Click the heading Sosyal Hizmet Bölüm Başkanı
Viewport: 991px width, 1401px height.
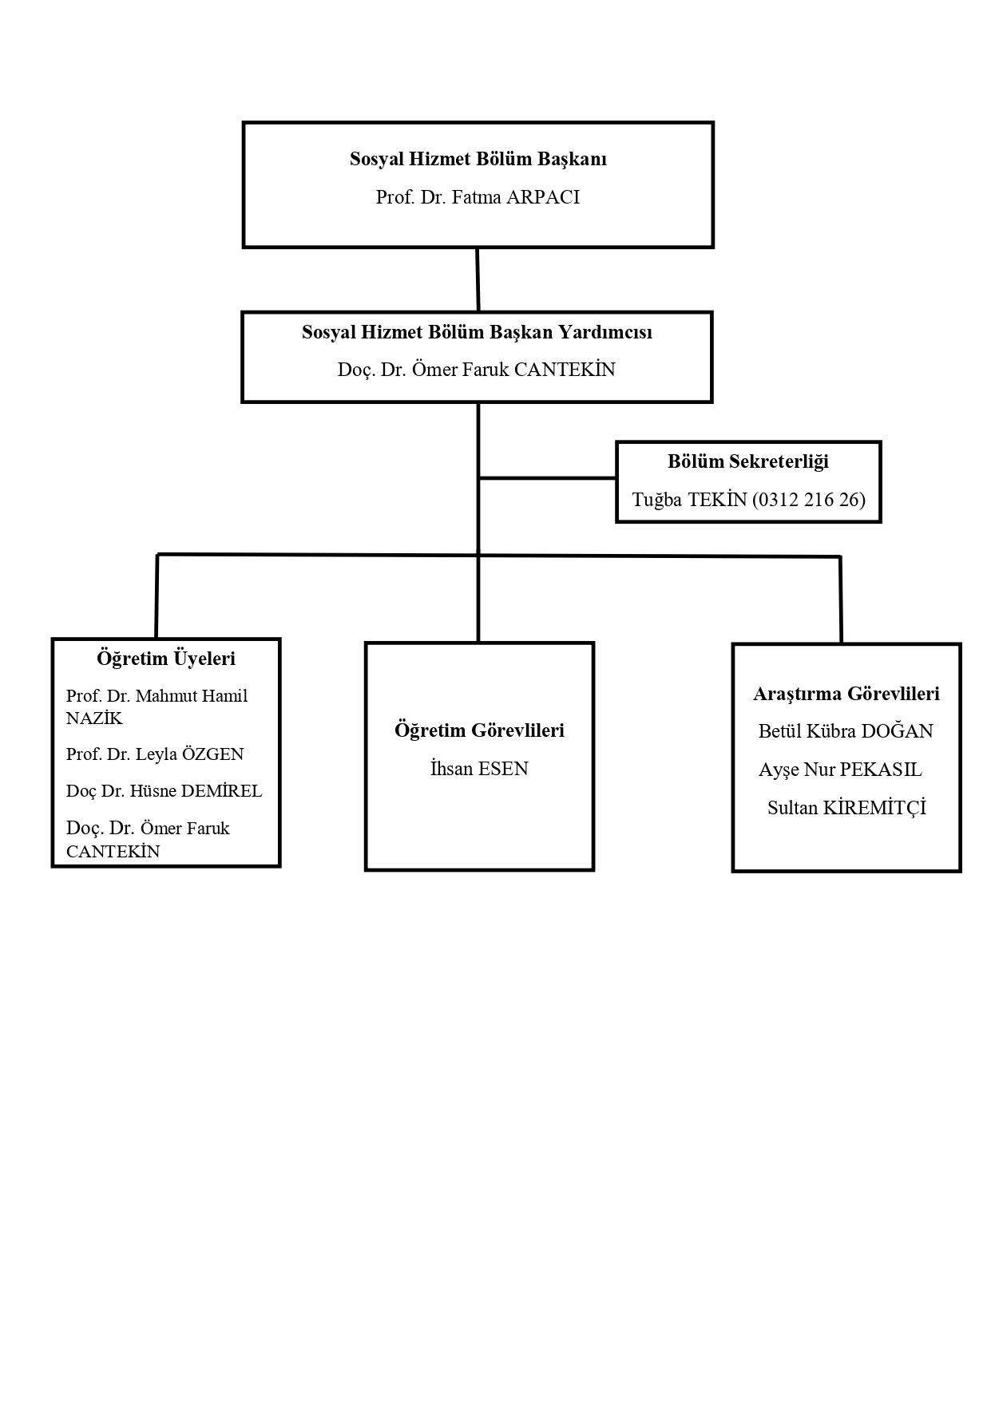point(478,159)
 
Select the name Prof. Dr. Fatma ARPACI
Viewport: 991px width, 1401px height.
point(478,197)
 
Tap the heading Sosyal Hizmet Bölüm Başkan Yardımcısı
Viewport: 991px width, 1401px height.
point(477,332)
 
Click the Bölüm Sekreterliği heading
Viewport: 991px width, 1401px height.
point(748,461)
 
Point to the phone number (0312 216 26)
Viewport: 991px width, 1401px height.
point(809,500)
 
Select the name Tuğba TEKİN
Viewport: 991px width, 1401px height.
point(689,500)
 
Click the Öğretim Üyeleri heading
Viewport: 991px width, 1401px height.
point(166,659)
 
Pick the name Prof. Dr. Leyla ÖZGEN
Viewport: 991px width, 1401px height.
point(155,754)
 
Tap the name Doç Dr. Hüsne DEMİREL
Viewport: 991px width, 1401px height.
point(164,791)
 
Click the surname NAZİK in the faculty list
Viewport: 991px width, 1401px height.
point(94,718)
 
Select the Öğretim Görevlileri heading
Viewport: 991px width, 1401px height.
point(479,730)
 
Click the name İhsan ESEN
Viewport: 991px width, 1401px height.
point(479,769)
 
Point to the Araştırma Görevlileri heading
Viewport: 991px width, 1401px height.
point(846,694)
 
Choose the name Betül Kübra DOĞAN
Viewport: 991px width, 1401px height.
point(846,731)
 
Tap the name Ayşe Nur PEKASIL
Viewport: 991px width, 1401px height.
point(840,770)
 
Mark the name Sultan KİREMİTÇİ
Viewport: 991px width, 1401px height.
point(846,808)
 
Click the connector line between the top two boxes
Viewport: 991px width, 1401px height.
point(478,279)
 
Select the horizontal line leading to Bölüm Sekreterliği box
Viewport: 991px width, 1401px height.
point(547,478)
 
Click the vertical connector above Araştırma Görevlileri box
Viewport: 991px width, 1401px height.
point(840,600)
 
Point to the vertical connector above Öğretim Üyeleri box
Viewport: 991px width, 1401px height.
point(157,596)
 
